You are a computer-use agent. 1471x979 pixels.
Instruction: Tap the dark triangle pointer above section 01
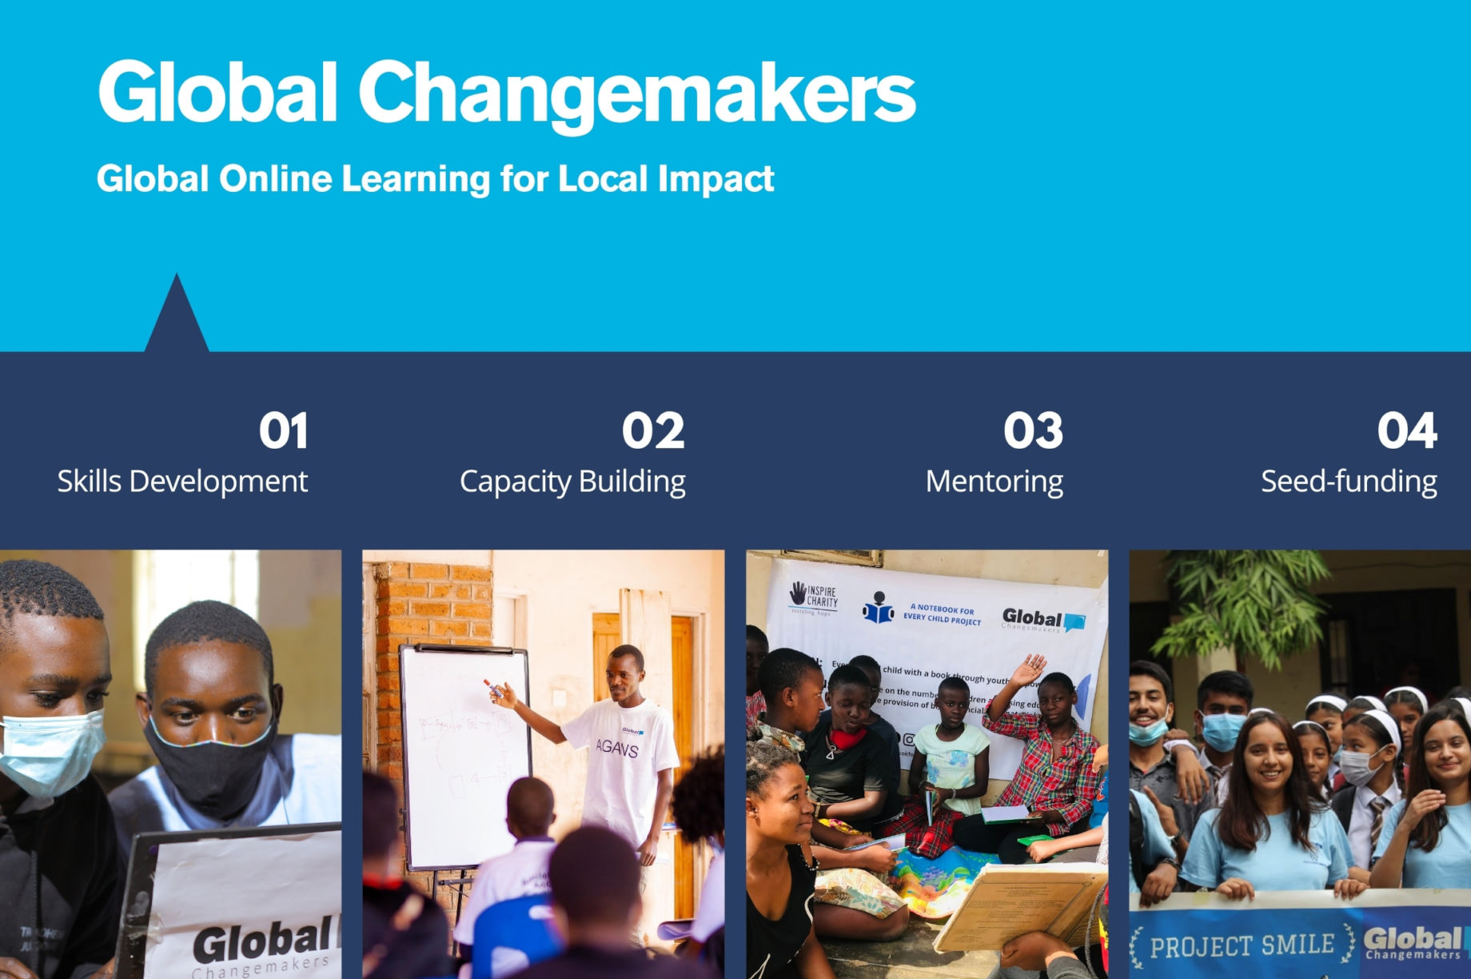coord(177,320)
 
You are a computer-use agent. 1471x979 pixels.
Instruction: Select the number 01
coord(283,431)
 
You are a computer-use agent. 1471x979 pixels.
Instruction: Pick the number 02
coord(653,431)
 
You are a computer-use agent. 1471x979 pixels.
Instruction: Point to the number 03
coord(1033,431)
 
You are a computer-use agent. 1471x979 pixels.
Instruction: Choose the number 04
coord(1407,431)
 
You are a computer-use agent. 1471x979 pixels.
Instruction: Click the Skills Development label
coord(182,482)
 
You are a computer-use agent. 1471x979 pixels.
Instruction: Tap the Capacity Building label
coord(572,482)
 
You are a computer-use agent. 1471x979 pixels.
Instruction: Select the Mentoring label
coord(994,482)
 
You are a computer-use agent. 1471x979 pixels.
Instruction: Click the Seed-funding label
coord(1349,482)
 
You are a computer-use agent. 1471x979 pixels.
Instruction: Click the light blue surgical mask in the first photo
coord(48,752)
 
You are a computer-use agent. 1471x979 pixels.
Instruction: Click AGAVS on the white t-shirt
coord(617,749)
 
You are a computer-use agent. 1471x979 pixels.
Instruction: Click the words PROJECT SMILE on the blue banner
coord(1242,946)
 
